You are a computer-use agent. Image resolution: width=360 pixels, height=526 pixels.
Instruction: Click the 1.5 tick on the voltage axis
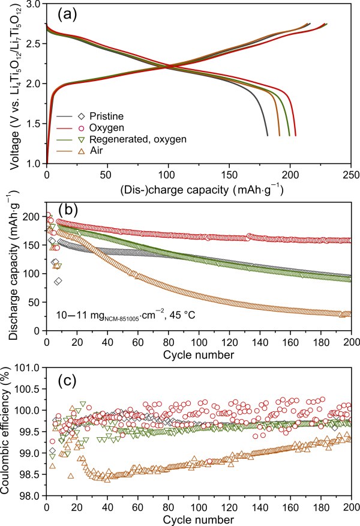[x=34, y=123]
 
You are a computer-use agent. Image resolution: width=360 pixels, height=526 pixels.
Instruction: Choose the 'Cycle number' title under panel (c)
[x=198, y=519]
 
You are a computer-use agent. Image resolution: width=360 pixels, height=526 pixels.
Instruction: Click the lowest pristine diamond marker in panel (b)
[x=58, y=281]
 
